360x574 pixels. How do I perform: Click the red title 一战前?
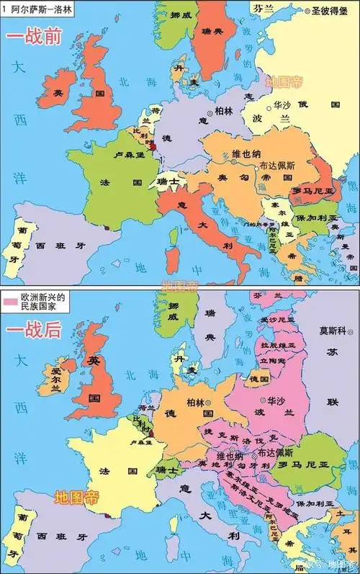tap(35, 37)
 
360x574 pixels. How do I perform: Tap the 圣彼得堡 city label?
tap(335, 11)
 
